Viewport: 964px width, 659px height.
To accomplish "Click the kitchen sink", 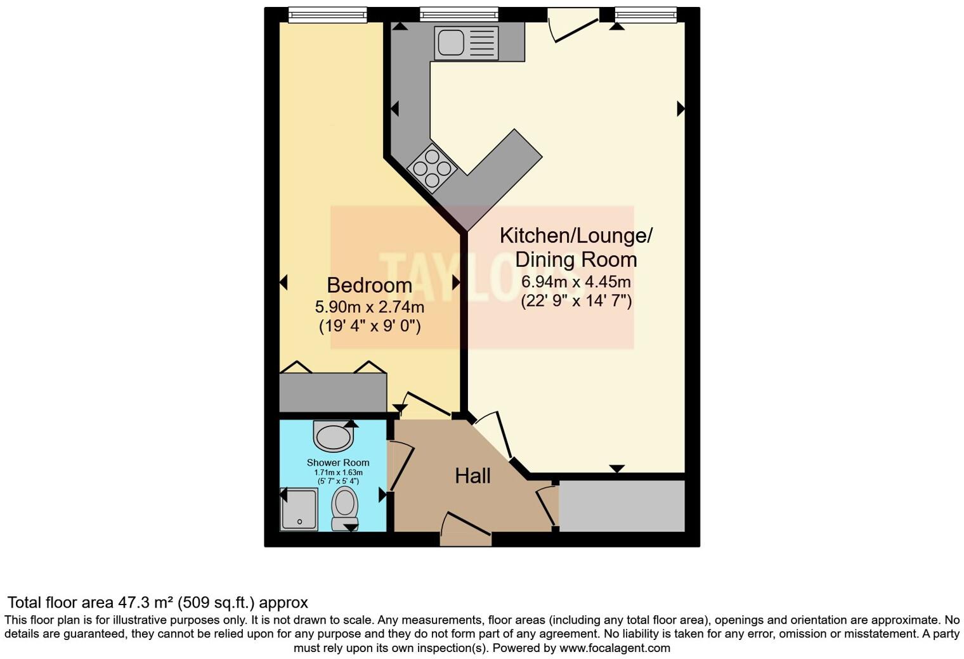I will pyautogui.click(x=466, y=42).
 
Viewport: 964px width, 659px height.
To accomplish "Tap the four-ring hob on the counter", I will pyautogui.click(x=433, y=167).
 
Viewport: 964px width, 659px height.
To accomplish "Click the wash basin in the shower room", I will pyautogui.click(x=333, y=436).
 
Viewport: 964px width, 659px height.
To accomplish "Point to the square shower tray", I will pyautogui.click(x=299, y=509).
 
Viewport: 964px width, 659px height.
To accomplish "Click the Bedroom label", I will pyautogui.click(x=369, y=285).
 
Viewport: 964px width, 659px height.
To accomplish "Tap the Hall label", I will pyautogui.click(x=472, y=476).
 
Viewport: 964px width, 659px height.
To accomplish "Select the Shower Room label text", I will pyautogui.click(x=338, y=463).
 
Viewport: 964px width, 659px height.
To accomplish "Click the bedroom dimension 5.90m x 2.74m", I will pyautogui.click(x=370, y=307).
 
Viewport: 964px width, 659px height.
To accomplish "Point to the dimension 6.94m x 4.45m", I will pyautogui.click(x=576, y=281).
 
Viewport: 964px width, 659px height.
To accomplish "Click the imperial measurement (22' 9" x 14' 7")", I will pyautogui.click(x=576, y=301).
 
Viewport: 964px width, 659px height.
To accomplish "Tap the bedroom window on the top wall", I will pyautogui.click(x=327, y=14).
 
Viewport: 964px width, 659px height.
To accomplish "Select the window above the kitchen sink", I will pyautogui.click(x=459, y=14).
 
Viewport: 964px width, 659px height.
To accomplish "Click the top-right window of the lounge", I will pyautogui.click(x=646, y=14).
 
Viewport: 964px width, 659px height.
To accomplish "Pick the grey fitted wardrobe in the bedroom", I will pyautogui.click(x=333, y=393).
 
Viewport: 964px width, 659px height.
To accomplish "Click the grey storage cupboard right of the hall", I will pyautogui.click(x=622, y=506).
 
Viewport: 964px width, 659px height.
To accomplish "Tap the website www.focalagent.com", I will pyautogui.click(x=614, y=648).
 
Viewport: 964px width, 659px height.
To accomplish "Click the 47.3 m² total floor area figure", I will pyautogui.click(x=145, y=603).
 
